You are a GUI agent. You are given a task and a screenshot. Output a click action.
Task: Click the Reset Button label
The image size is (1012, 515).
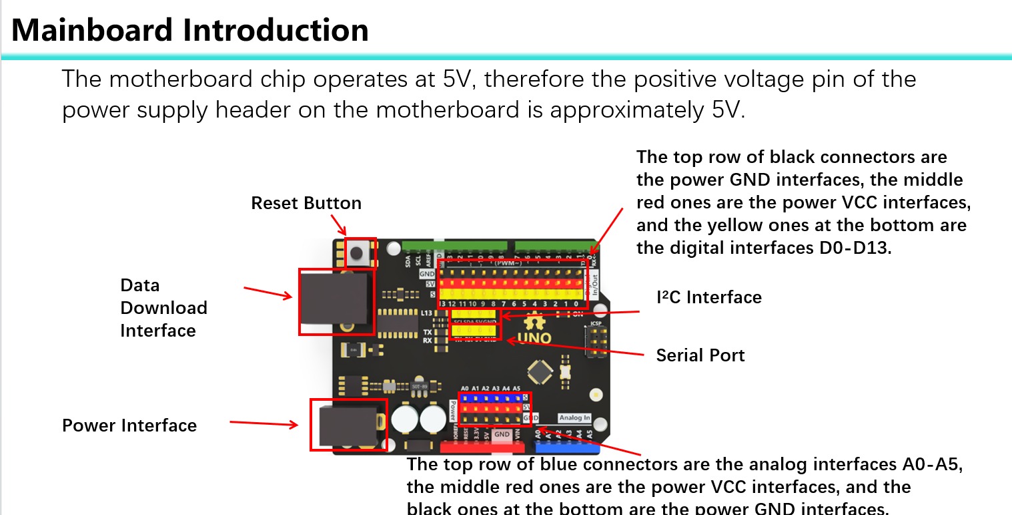(x=306, y=203)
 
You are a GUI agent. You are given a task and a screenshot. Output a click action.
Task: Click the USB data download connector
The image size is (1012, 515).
(x=334, y=301)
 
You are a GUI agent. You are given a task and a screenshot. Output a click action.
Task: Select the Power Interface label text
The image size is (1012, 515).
(x=129, y=425)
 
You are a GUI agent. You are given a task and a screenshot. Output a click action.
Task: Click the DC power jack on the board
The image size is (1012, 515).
(x=348, y=425)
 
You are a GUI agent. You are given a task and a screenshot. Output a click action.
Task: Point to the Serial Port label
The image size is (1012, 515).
(x=700, y=355)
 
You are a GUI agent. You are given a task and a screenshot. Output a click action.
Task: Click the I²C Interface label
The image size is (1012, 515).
(x=709, y=297)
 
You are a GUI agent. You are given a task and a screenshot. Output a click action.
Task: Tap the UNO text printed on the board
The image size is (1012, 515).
(x=534, y=339)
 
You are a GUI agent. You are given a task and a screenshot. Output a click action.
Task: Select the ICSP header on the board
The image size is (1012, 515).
(x=596, y=341)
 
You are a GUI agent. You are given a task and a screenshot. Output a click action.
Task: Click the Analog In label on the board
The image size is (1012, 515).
(x=574, y=418)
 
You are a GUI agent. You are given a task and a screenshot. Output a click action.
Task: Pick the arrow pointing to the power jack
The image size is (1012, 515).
(x=264, y=423)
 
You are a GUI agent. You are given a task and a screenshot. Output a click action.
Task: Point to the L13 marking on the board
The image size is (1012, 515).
(x=427, y=313)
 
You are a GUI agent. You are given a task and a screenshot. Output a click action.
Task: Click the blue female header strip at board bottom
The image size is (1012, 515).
(x=564, y=446)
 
